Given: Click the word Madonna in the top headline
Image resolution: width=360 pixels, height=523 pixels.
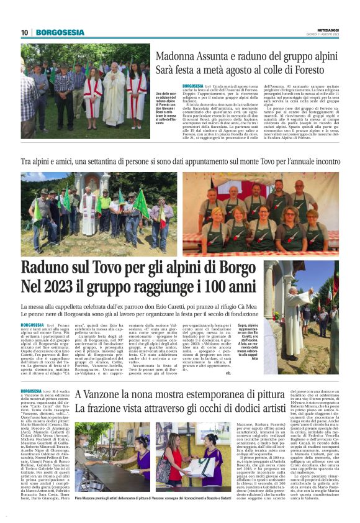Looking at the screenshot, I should coord(176,56).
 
